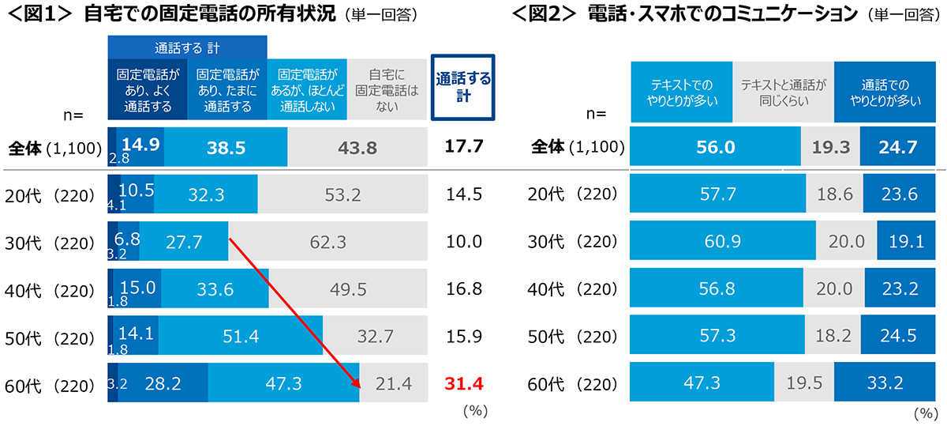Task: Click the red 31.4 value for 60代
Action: (463, 384)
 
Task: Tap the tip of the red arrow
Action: (361, 389)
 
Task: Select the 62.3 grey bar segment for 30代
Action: (328, 241)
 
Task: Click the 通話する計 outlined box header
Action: (463, 87)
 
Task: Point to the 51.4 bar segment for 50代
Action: (241, 336)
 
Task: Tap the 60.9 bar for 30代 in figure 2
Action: (723, 241)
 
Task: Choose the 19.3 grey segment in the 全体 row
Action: (830, 147)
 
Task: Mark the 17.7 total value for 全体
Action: (463, 147)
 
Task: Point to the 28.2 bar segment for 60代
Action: (163, 384)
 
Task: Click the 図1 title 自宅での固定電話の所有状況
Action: (210, 15)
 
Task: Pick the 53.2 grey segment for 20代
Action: (342, 194)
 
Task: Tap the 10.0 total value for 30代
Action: (463, 241)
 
